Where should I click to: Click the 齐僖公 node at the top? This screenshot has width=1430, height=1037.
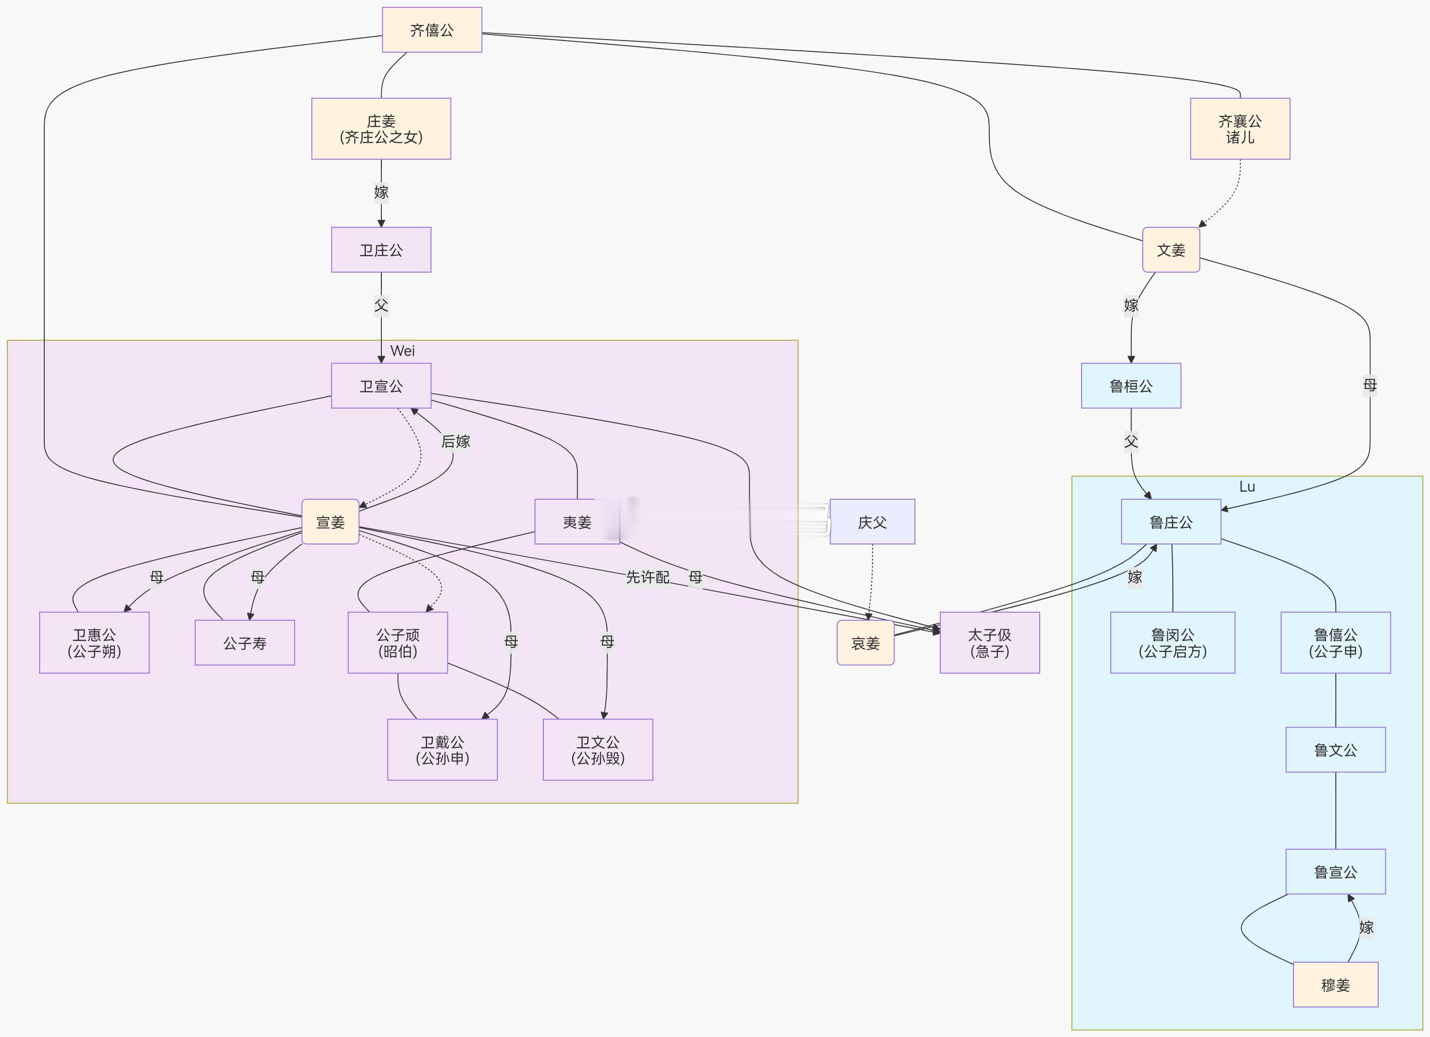432,30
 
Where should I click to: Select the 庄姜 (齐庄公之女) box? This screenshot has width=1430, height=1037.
381,129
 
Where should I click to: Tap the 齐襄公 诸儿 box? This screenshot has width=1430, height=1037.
1240,129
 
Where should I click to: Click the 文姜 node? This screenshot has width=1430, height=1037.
1171,250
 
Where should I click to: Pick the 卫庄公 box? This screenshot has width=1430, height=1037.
381,250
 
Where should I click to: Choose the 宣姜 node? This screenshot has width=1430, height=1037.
331,522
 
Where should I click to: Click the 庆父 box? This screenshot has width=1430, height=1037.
872,522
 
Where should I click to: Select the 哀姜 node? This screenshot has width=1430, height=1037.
865,643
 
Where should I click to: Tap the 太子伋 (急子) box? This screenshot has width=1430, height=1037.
989,643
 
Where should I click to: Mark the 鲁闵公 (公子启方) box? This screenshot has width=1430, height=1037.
1172,643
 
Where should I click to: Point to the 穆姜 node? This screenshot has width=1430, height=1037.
1335,985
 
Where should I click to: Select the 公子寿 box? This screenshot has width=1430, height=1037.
245,643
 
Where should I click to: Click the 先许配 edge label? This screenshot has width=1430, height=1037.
647,576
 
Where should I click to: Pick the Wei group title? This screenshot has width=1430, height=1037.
402,351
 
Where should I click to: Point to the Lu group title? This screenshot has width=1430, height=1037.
1246,486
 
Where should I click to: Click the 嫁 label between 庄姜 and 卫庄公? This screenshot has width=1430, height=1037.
381,192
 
